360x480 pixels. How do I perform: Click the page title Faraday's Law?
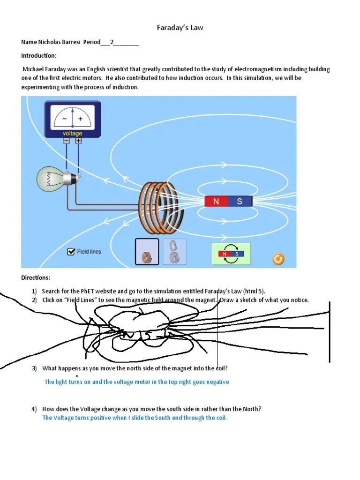180,28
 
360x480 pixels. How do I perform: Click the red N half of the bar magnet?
216,202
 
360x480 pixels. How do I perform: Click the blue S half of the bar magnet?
240,202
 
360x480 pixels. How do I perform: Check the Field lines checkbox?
71,252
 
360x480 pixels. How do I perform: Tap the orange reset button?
277,258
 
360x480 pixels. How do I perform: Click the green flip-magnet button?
231,254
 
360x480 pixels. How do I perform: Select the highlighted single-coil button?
147,252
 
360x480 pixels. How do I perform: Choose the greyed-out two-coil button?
174,252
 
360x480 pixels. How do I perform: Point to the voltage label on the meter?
73,134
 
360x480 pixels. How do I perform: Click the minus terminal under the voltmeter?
67,141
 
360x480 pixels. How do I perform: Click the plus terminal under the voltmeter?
78,141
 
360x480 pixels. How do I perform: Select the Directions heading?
35,278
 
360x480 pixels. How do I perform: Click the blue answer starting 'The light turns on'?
136,382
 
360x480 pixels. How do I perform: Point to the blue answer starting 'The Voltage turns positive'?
135,418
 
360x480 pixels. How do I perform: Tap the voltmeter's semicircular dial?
72,117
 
